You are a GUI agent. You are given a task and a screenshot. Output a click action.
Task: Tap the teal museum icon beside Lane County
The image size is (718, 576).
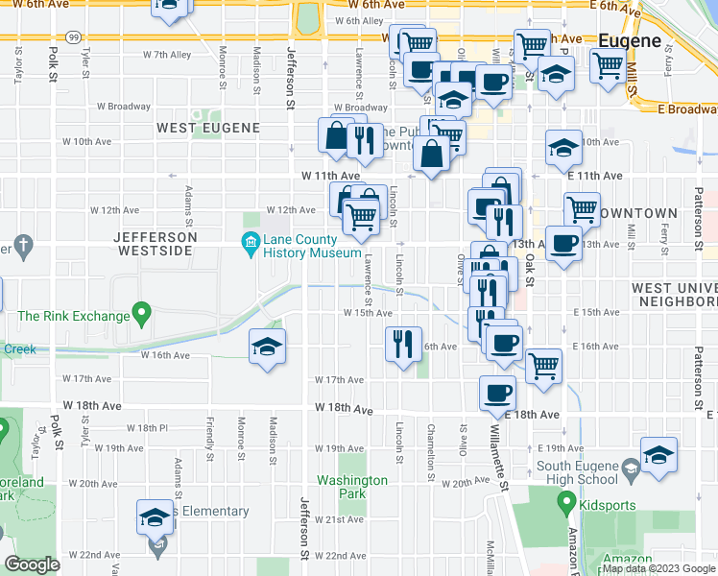point(251,240)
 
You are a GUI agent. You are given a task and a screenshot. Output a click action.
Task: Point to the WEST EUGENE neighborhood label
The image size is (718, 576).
point(208,128)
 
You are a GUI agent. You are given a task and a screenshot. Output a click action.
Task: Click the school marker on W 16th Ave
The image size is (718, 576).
point(268,348)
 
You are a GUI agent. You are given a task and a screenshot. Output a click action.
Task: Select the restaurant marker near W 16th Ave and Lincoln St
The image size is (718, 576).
point(403,344)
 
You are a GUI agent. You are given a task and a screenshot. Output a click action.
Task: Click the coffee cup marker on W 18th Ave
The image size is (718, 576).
point(498,393)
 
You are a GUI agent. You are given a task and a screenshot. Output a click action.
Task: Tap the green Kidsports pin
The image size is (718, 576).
point(566,501)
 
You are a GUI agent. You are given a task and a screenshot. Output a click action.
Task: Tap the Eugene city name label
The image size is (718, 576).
point(630,41)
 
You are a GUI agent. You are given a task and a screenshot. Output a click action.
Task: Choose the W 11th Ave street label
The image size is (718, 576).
point(330,177)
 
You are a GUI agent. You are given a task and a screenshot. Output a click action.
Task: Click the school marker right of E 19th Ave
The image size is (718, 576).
point(658,455)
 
